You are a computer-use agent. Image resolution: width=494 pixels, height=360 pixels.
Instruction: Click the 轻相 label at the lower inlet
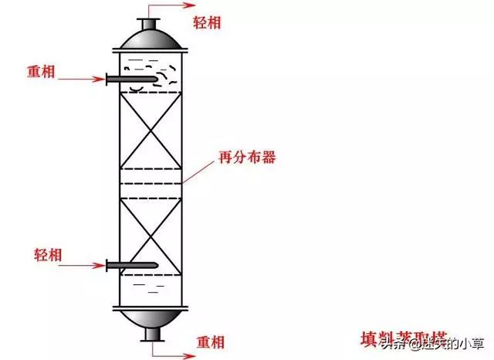pyautogui.click(x=49, y=254)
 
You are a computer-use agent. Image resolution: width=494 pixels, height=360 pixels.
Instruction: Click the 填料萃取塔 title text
pyautogui.click(x=402, y=338)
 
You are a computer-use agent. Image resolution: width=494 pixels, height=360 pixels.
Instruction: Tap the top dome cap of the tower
pyautogui.click(x=151, y=37)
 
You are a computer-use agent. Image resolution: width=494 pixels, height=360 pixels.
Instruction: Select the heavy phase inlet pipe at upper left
pyautogui.click(x=131, y=78)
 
